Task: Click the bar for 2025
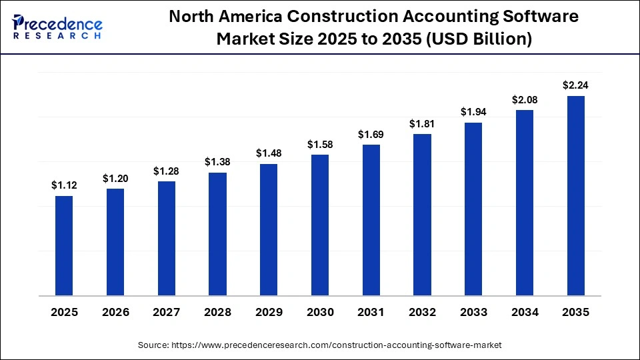point(64,245)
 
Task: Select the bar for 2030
point(320,225)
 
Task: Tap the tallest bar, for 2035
point(575,195)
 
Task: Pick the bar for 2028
point(217,234)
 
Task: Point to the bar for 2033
point(473,209)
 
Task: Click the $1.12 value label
point(64,185)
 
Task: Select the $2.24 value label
point(575,85)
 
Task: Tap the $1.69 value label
point(371,135)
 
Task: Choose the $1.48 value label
point(269,153)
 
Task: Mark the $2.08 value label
point(524,99)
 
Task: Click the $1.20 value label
point(115,179)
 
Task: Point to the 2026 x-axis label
point(115,313)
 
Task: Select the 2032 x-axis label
point(422,313)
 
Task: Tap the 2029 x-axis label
point(269,313)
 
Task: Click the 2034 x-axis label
point(524,313)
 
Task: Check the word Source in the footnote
point(153,345)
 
